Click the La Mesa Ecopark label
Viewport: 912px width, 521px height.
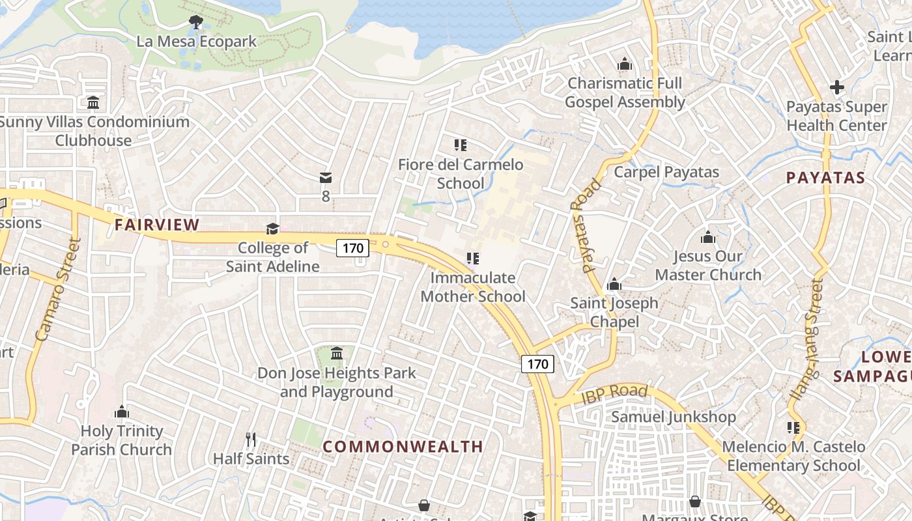click(196, 42)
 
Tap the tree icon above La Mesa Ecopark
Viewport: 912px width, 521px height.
click(195, 23)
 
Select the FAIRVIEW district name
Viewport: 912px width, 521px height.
click(157, 225)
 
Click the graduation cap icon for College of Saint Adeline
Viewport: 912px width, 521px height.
click(272, 229)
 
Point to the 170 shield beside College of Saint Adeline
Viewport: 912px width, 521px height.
click(352, 247)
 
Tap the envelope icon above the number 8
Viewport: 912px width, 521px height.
click(326, 178)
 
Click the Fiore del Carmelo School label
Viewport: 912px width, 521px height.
click(461, 174)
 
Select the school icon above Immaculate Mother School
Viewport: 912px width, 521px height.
click(473, 259)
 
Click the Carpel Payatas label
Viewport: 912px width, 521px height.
click(666, 173)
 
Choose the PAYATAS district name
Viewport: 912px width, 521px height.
click(825, 178)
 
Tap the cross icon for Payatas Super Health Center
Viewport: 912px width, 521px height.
click(837, 87)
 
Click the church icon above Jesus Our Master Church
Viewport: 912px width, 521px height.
click(708, 237)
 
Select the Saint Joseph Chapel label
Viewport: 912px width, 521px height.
click(614, 312)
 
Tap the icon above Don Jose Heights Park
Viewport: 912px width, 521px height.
click(337, 354)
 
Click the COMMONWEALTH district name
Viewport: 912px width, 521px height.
click(403, 447)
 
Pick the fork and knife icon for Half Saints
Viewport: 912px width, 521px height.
click(251, 440)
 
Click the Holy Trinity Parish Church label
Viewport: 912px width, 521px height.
click(121, 440)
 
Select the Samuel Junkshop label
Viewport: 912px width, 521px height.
click(673, 417)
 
